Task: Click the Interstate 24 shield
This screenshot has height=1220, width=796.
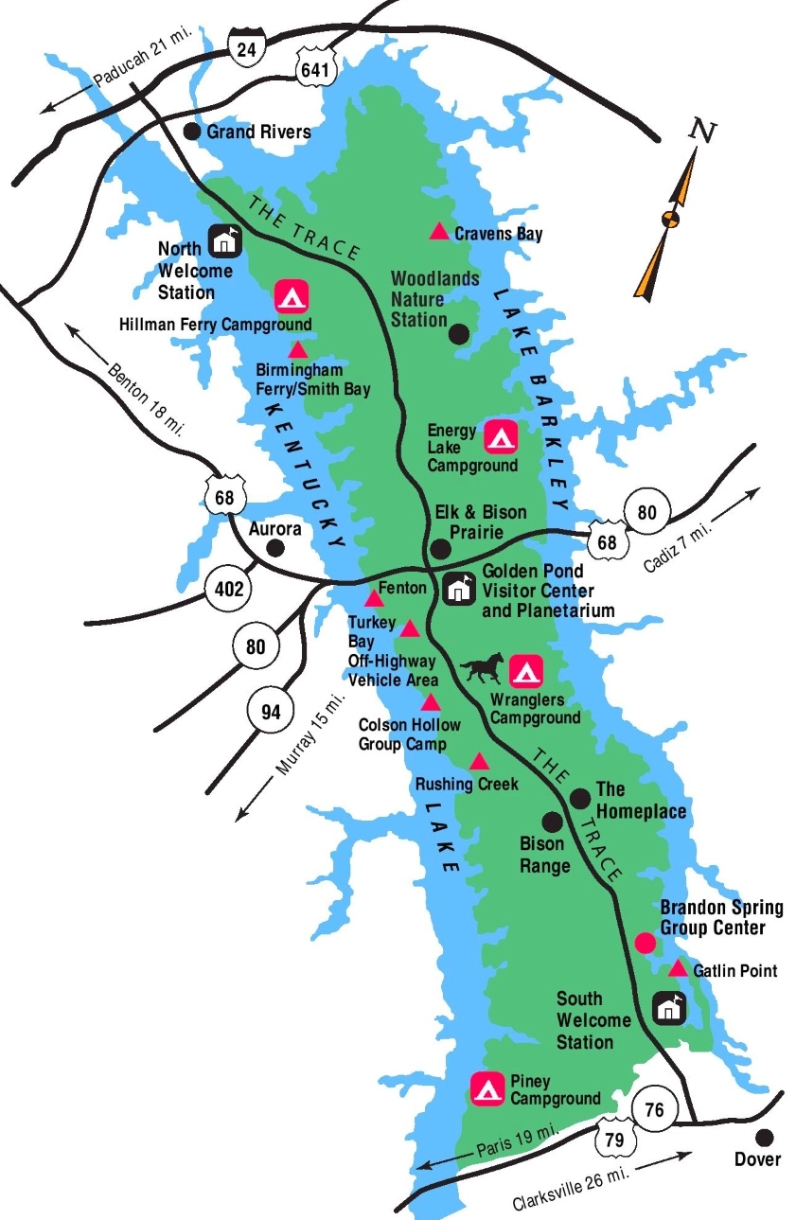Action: click(x=246, y=46)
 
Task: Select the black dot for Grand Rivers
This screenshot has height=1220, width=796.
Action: click(x=192, y=132)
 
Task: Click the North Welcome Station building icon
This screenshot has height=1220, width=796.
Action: click(x=224, y=240)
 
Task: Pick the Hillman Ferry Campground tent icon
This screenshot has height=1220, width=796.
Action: click(x=291, y=297)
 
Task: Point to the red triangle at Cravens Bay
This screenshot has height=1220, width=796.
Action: click(x=439, y=231)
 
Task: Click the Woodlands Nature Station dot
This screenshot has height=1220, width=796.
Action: click(x=459, y=333)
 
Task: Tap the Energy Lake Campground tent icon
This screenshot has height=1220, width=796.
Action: click(x=501, y=436)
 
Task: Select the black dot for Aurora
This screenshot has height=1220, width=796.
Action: click(x=275, y=548)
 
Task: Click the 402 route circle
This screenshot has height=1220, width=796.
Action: click(x=228, y=591)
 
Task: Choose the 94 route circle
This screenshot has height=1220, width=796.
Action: click(x=271, y=712)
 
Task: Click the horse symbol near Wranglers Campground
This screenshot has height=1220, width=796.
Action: click(x=483, y=669)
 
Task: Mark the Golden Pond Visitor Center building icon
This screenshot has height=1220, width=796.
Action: click(x=459, y=588)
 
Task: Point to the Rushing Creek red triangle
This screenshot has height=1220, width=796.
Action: click(x=480, y=762)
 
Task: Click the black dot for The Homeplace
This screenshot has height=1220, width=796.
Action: click(x=580, y=798)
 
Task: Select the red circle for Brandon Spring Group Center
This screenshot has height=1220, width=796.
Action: click(x=645, y=943)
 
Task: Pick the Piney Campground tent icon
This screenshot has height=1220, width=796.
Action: click(x=487, y=1088)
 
